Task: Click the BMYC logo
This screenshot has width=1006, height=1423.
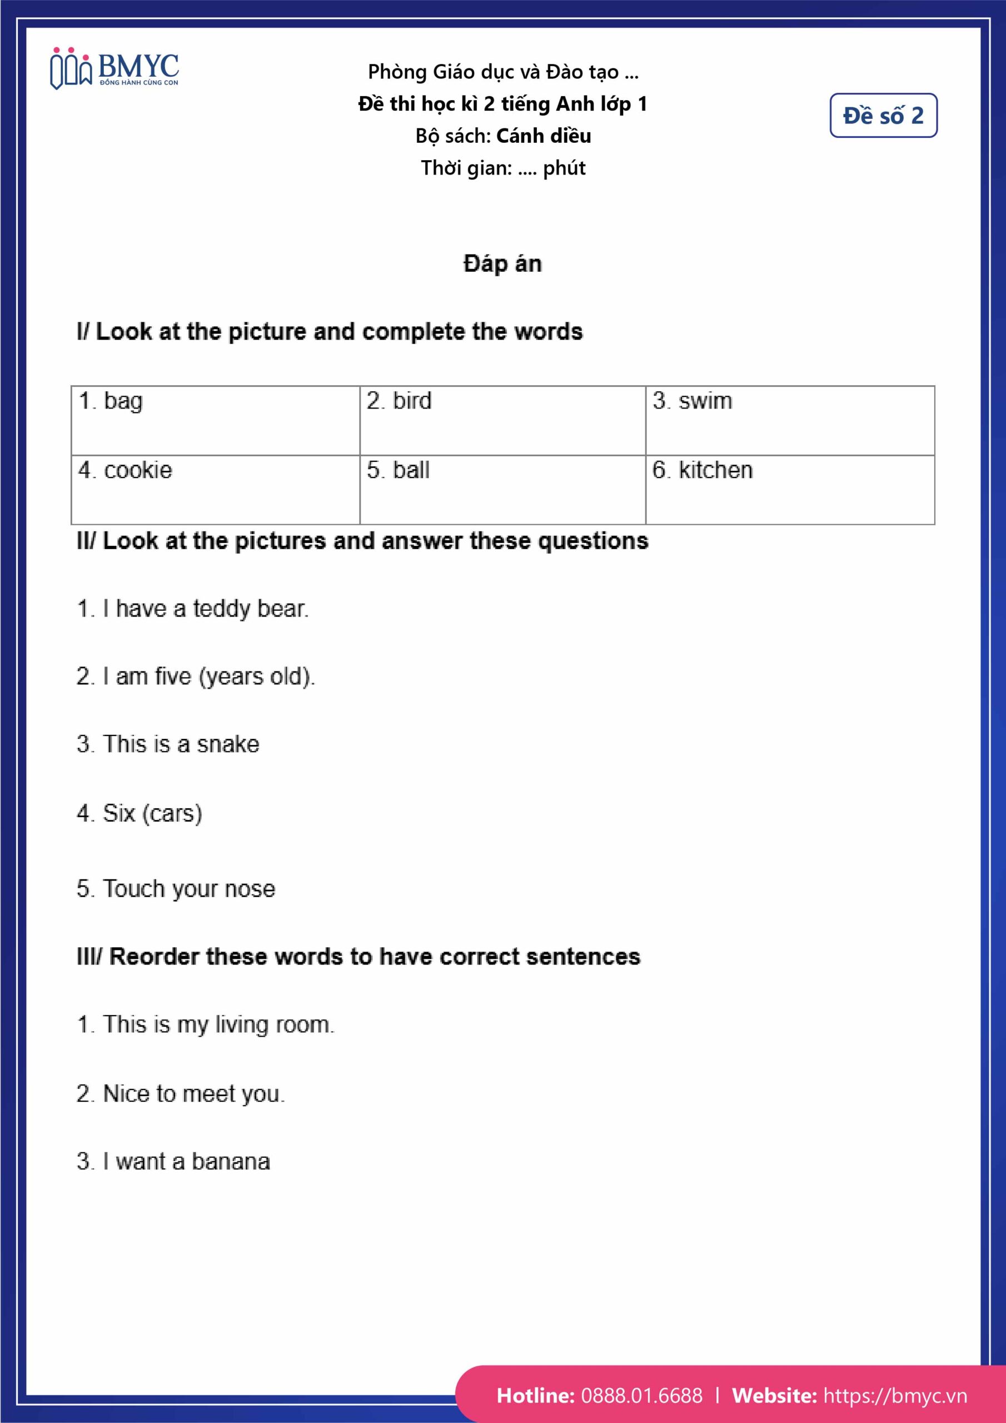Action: click(x=114, y=69)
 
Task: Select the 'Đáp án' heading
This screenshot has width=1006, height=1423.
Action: click(x=502, y=264)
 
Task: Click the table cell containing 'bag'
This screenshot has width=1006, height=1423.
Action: click(x=215, y=420)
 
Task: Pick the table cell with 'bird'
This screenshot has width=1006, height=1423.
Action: click(x=502, y=420)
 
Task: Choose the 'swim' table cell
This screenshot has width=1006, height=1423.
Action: click(x=790, y=420)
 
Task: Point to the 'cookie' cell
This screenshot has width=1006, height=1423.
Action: click(x=215, y=490)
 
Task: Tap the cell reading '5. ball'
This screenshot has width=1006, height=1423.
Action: click(x=502, y=490)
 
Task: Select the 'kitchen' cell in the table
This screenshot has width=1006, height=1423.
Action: click(x=790, y=490)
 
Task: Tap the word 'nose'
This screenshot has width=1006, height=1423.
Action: click(x=250, y=889)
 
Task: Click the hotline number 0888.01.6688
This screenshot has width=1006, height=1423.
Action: click(x=641, y=1396)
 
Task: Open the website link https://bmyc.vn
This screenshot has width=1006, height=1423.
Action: click(x=894, y=1396)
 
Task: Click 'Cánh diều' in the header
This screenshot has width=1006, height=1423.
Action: click(x=544, y=136)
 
